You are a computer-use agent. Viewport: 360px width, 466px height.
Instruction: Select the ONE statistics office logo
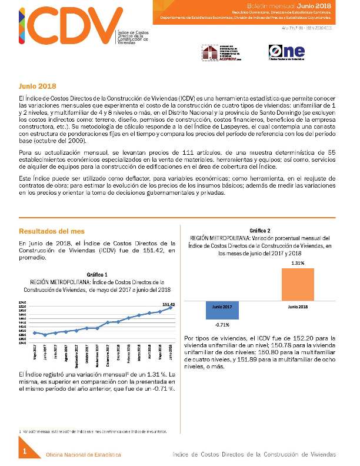point(285,52)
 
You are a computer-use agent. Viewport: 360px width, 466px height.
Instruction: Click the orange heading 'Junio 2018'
point(37,86)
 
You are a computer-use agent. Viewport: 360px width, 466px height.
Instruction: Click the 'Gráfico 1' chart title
point(97,275)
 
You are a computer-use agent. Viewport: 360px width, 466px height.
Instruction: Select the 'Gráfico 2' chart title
point(260,230)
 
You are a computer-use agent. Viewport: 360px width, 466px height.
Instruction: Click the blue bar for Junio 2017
point(222,310)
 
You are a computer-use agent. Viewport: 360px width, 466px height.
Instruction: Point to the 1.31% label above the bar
point(298,263)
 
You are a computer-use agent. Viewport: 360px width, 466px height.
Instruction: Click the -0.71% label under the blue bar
point(222,325)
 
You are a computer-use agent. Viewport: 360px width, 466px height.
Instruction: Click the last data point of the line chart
point(171,308)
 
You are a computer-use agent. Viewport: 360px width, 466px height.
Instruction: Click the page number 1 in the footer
point(25,451)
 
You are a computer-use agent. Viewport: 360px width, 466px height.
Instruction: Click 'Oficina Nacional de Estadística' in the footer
point(84,455)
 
